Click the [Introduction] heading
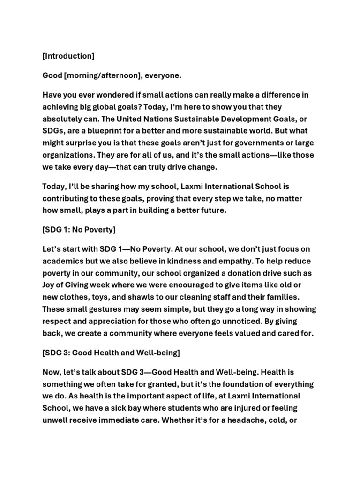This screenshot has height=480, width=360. (x=68, y=56)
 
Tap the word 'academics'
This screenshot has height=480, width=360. (x=64, y=261)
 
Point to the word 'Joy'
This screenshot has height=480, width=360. (x=49, y=285)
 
